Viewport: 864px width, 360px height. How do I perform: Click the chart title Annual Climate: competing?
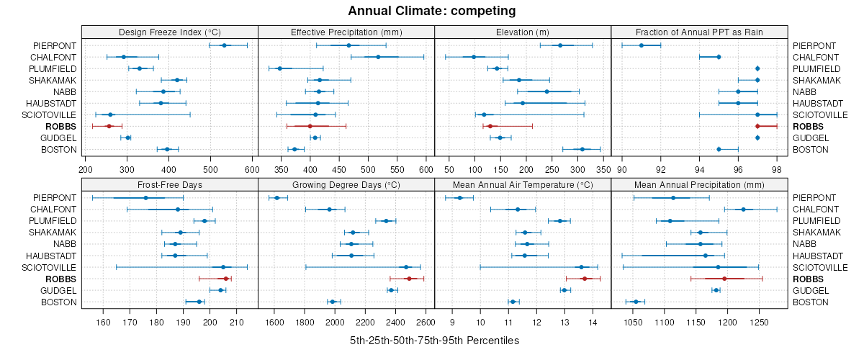click(x=432, y=11)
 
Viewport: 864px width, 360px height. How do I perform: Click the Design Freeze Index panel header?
click(x=169, y=32)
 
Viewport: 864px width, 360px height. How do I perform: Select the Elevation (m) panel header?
click(x=523, y=32)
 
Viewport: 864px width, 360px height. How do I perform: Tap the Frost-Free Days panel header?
click(x=169, y=184)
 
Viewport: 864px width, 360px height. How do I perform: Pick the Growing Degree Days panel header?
click(x=346, y=184)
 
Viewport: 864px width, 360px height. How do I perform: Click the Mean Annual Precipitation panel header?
click(x=699, y=184)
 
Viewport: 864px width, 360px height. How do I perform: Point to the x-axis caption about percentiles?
click(x=432, y=340)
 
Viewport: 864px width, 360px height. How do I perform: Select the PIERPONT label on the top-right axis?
click(x=814, y=45)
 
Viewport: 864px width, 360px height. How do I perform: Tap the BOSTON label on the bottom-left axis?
click(x=58, y=302)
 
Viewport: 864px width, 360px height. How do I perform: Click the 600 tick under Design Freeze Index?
click(x=252, y=169)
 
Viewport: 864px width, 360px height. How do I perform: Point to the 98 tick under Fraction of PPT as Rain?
click(x=776, y=169)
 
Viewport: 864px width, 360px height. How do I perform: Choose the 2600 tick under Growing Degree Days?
click(x=425, y=322)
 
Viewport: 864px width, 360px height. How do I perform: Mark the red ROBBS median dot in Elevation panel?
click(x=490, y=126)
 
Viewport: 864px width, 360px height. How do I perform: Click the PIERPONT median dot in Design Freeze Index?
click(x=224, y=45)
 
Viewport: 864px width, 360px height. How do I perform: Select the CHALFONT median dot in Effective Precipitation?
click(x=378, y=57)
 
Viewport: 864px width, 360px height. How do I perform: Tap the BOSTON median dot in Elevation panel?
click(x=582, y=149)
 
